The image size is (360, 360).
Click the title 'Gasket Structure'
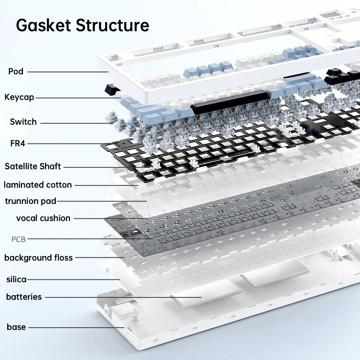tap(82, 25)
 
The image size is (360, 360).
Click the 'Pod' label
tap(16, 71)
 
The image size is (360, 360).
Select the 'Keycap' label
tap(19, 97)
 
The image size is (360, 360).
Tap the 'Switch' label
tap(23, 122)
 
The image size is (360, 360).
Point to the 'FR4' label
tap(18, 144)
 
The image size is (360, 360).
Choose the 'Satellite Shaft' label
tap(33, 166)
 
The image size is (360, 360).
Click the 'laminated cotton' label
tap(38, 184)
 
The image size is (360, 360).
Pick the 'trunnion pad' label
tap(31, 201)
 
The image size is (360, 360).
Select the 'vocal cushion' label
tap(43, 218)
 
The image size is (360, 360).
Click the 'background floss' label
tap(38, 258)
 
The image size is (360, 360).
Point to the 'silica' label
tap(16, 279)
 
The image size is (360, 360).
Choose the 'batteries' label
tap(24, 297)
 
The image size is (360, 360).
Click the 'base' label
tap(16, 327)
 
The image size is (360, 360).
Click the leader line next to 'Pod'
tap(67, 72)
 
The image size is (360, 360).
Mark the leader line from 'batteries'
tap(121, 297)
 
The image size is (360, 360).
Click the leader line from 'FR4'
tap(72, 144)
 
